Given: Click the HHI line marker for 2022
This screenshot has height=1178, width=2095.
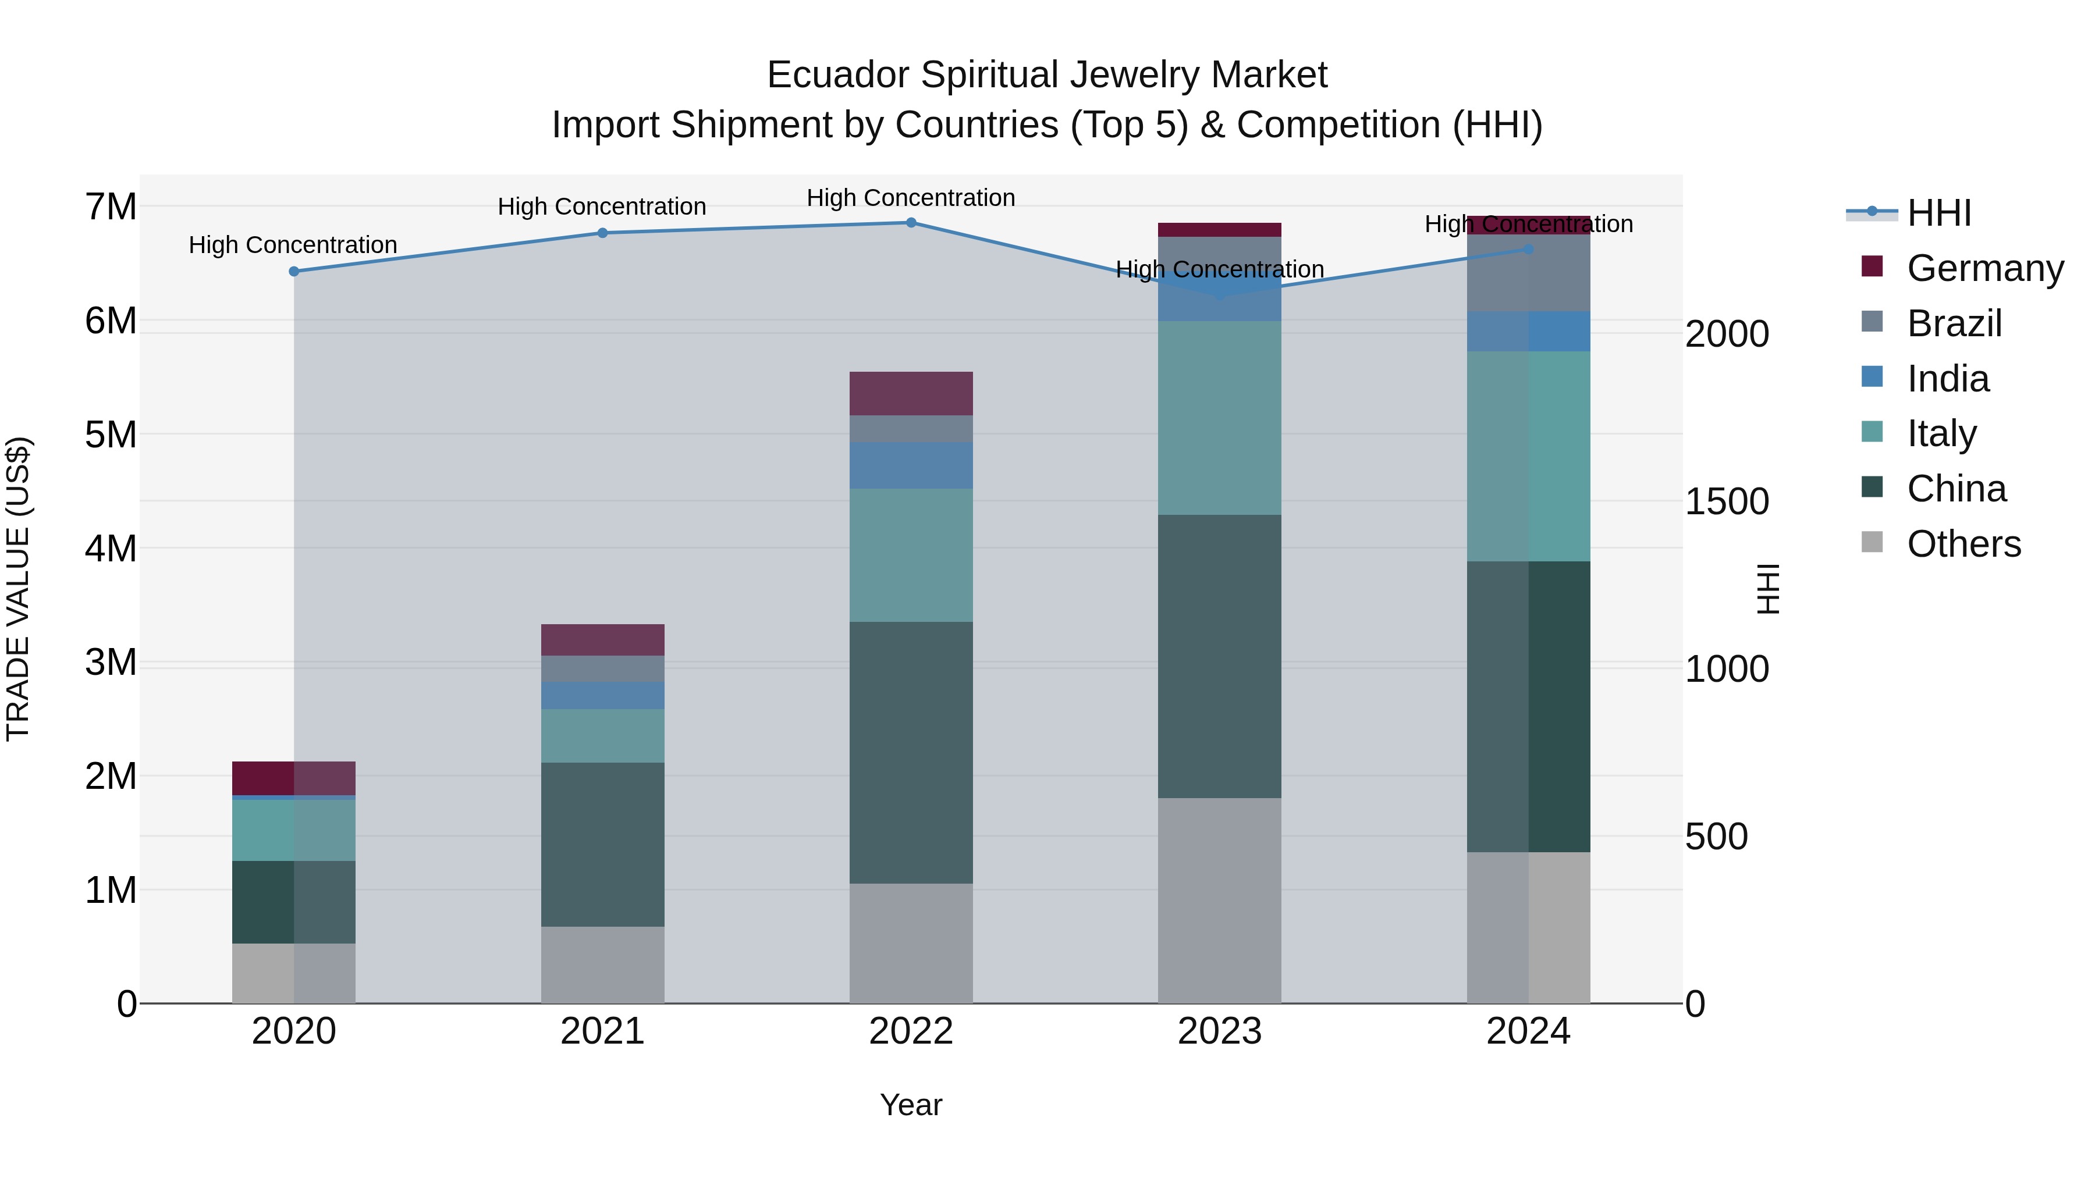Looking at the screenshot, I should coord(911,223).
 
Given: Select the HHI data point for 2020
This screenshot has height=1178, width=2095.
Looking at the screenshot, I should coord(294,272).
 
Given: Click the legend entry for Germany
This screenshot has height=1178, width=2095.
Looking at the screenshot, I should coord(1984,268).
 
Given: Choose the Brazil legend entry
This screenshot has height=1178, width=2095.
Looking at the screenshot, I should coord(1954,323).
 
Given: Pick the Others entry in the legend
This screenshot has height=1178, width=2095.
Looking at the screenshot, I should coord(1963,544).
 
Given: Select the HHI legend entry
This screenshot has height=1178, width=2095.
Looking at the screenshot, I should coord(1939,213).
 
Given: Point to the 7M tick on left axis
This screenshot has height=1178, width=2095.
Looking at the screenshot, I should coord(111,207).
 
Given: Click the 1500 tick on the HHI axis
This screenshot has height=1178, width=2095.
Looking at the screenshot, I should coord(1727,501).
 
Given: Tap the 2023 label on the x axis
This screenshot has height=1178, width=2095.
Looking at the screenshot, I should coord(1219,1031).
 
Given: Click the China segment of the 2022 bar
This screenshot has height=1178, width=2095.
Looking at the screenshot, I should coord(911,752).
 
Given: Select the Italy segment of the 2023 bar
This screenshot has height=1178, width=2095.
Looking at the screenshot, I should coord(1219,417).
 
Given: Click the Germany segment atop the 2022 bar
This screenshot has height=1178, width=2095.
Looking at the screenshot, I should coord(911,393).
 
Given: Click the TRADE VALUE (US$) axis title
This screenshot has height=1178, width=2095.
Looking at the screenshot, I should coord(18,589).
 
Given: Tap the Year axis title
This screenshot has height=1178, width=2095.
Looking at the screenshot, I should coord(911,1105).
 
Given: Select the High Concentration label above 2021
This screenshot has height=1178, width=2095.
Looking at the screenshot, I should coord(602,207).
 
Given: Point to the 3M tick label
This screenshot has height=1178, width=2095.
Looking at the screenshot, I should coord(111,663).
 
